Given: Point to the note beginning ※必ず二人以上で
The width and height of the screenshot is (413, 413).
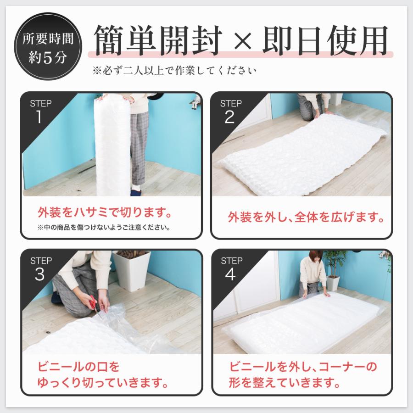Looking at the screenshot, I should click(174, 71).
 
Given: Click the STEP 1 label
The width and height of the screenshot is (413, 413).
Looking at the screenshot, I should click(40, 111).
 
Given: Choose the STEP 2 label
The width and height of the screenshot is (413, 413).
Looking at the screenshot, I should click(230, 111).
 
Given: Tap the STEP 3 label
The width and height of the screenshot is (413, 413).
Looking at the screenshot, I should click(40, 268).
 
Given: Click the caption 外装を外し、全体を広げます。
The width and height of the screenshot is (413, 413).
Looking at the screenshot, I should click(306, 217).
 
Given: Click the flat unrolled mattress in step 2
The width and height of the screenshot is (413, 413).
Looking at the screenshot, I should click(298, 156).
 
